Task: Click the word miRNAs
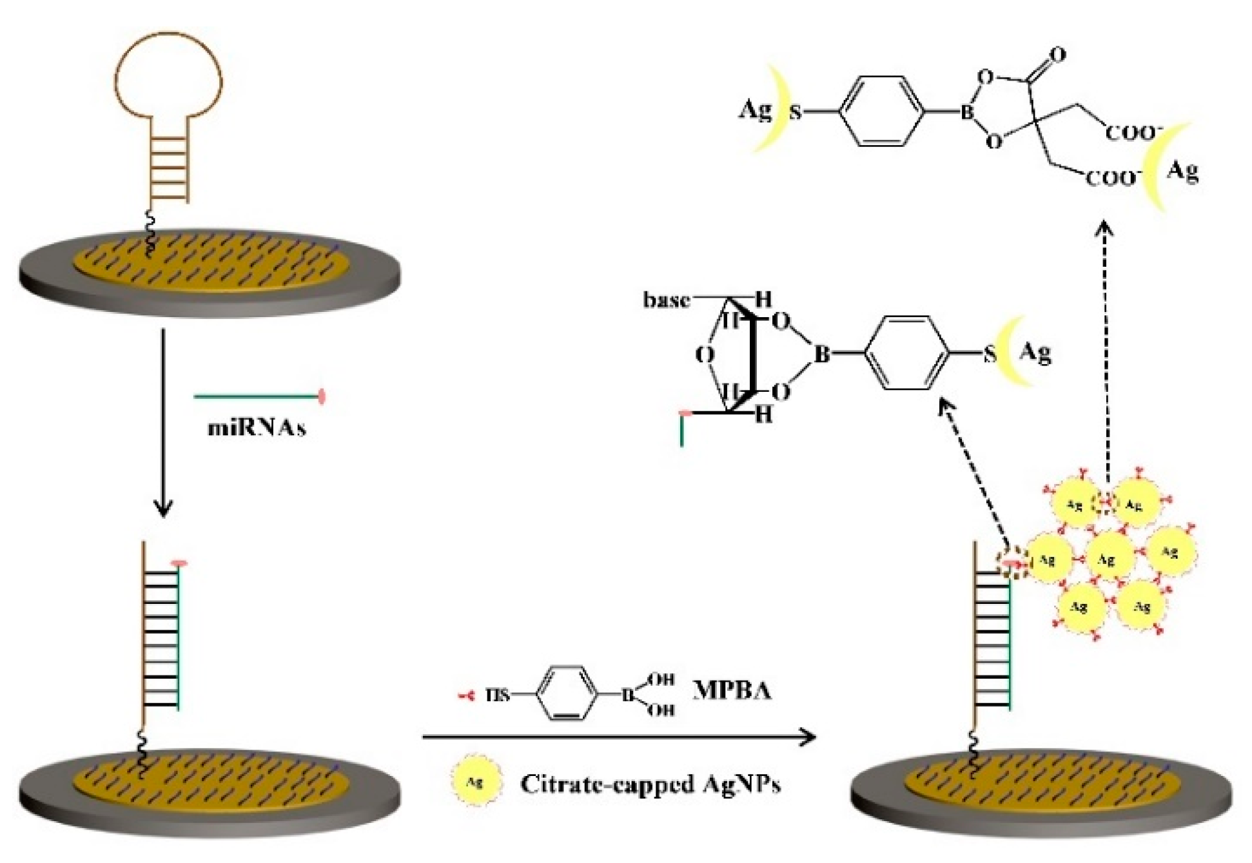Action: pyautogui.click(x=257, y=428)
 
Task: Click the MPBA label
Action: pyautogui.click(x=732, y=690)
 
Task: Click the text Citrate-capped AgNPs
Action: pyautogui.click(x=650, y=784)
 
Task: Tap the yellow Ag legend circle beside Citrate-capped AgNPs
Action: pyautogui.click(x=475, y=782)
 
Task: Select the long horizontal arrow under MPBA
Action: pyautogui.click(x=619, y=736)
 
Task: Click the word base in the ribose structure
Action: pyautogui.click(x=667, y=300)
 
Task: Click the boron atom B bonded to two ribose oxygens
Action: pyautogui.click(x=821, y=354)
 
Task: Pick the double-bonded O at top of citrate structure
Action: pyautogui.click(x=1058, y=55)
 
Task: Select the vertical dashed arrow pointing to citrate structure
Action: pyautogui.click(x=1106, y=361)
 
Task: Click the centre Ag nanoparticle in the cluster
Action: pyautogui.click(x=1107, y=558)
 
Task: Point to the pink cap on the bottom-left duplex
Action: pyautogui.click(x=179, y=565)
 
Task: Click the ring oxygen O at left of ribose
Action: pyautogui.click(x=705, y=354)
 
